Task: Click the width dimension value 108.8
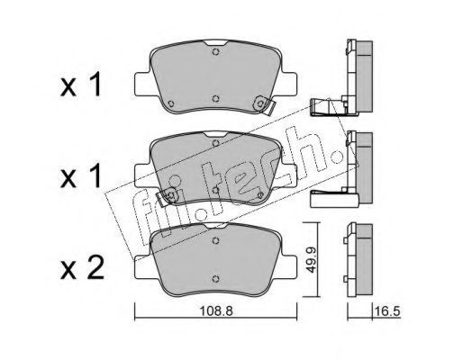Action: click(x=216, y=311)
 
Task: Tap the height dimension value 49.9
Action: click(x=311, y=260)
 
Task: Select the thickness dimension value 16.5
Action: click(x=387, y=311)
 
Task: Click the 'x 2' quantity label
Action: click(x=82, y=268)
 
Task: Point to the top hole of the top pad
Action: click(x=215, y=51)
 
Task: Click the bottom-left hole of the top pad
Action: click(x=171, y=103)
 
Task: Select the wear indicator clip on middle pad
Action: click(x=167, y=196)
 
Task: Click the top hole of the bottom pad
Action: click(x=215, y=240)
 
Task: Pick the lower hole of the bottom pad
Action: click(x=215, y=279)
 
